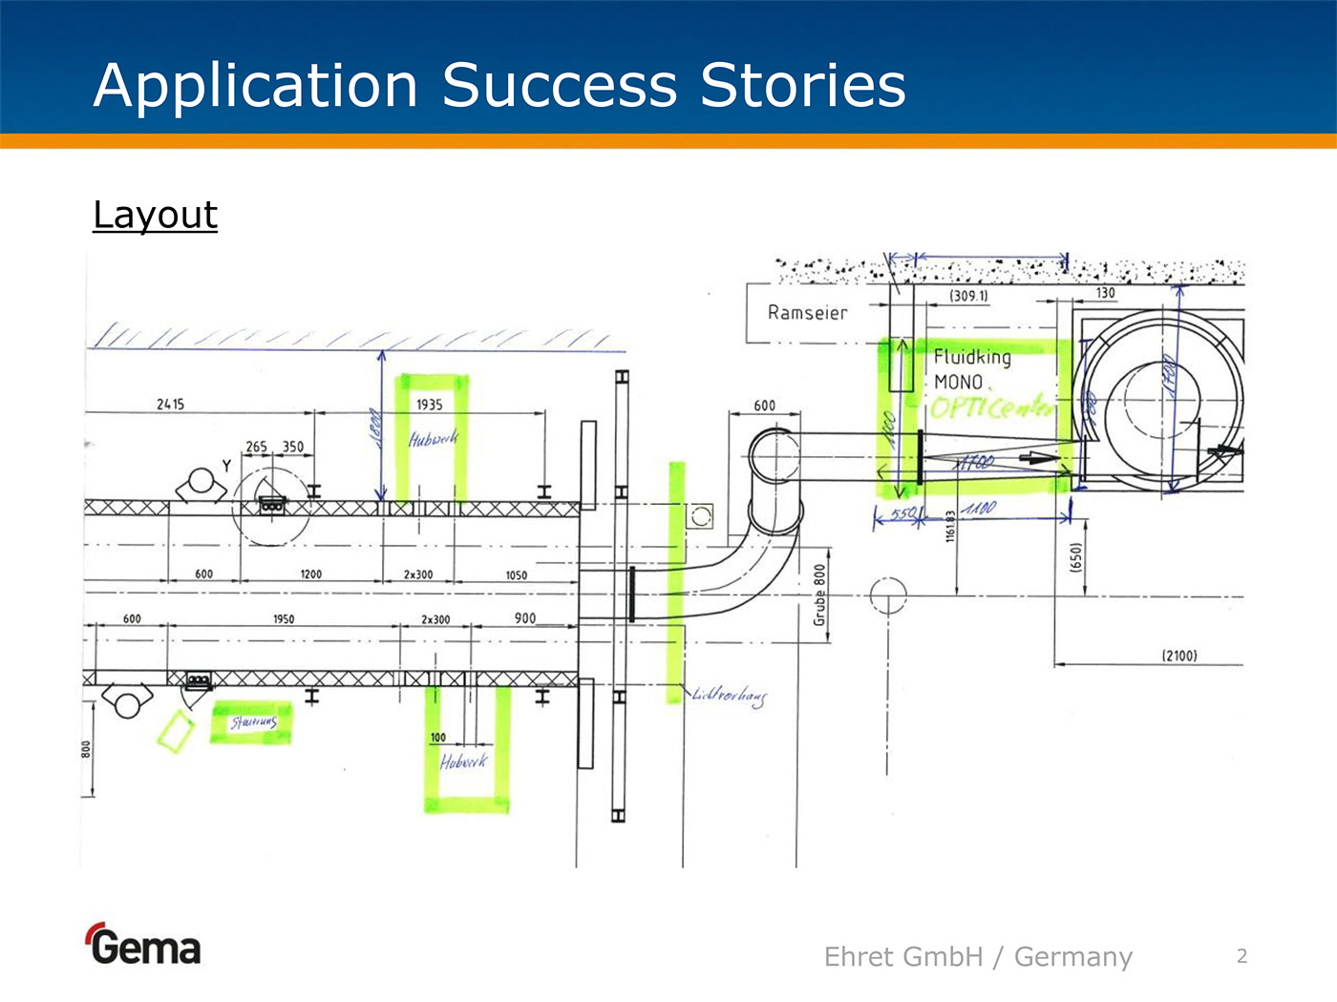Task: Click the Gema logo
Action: coord(144,946)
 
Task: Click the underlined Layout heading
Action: coord(155,215)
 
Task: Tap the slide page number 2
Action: coord(1241,955)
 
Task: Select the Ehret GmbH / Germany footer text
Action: coord(978,956)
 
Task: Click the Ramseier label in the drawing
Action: coord(807,312)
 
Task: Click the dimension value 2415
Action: coord(170,405)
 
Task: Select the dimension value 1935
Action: coord(430,405)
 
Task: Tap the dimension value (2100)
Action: coord(1179,656)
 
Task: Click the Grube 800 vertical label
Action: coord(819,595)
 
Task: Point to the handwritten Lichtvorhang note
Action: coord(729,696)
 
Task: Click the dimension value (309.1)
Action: coord(968,296)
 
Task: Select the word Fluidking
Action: coord(972,357)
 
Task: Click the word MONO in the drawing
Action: coord(958,382)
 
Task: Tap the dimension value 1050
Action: coord(516,575)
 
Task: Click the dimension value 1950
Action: coord(284,619)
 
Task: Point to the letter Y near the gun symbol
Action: coord(226,465)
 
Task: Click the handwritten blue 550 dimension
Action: coord(902,513)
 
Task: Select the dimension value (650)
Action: coord(1076,557)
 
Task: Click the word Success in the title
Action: coord(560,85)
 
